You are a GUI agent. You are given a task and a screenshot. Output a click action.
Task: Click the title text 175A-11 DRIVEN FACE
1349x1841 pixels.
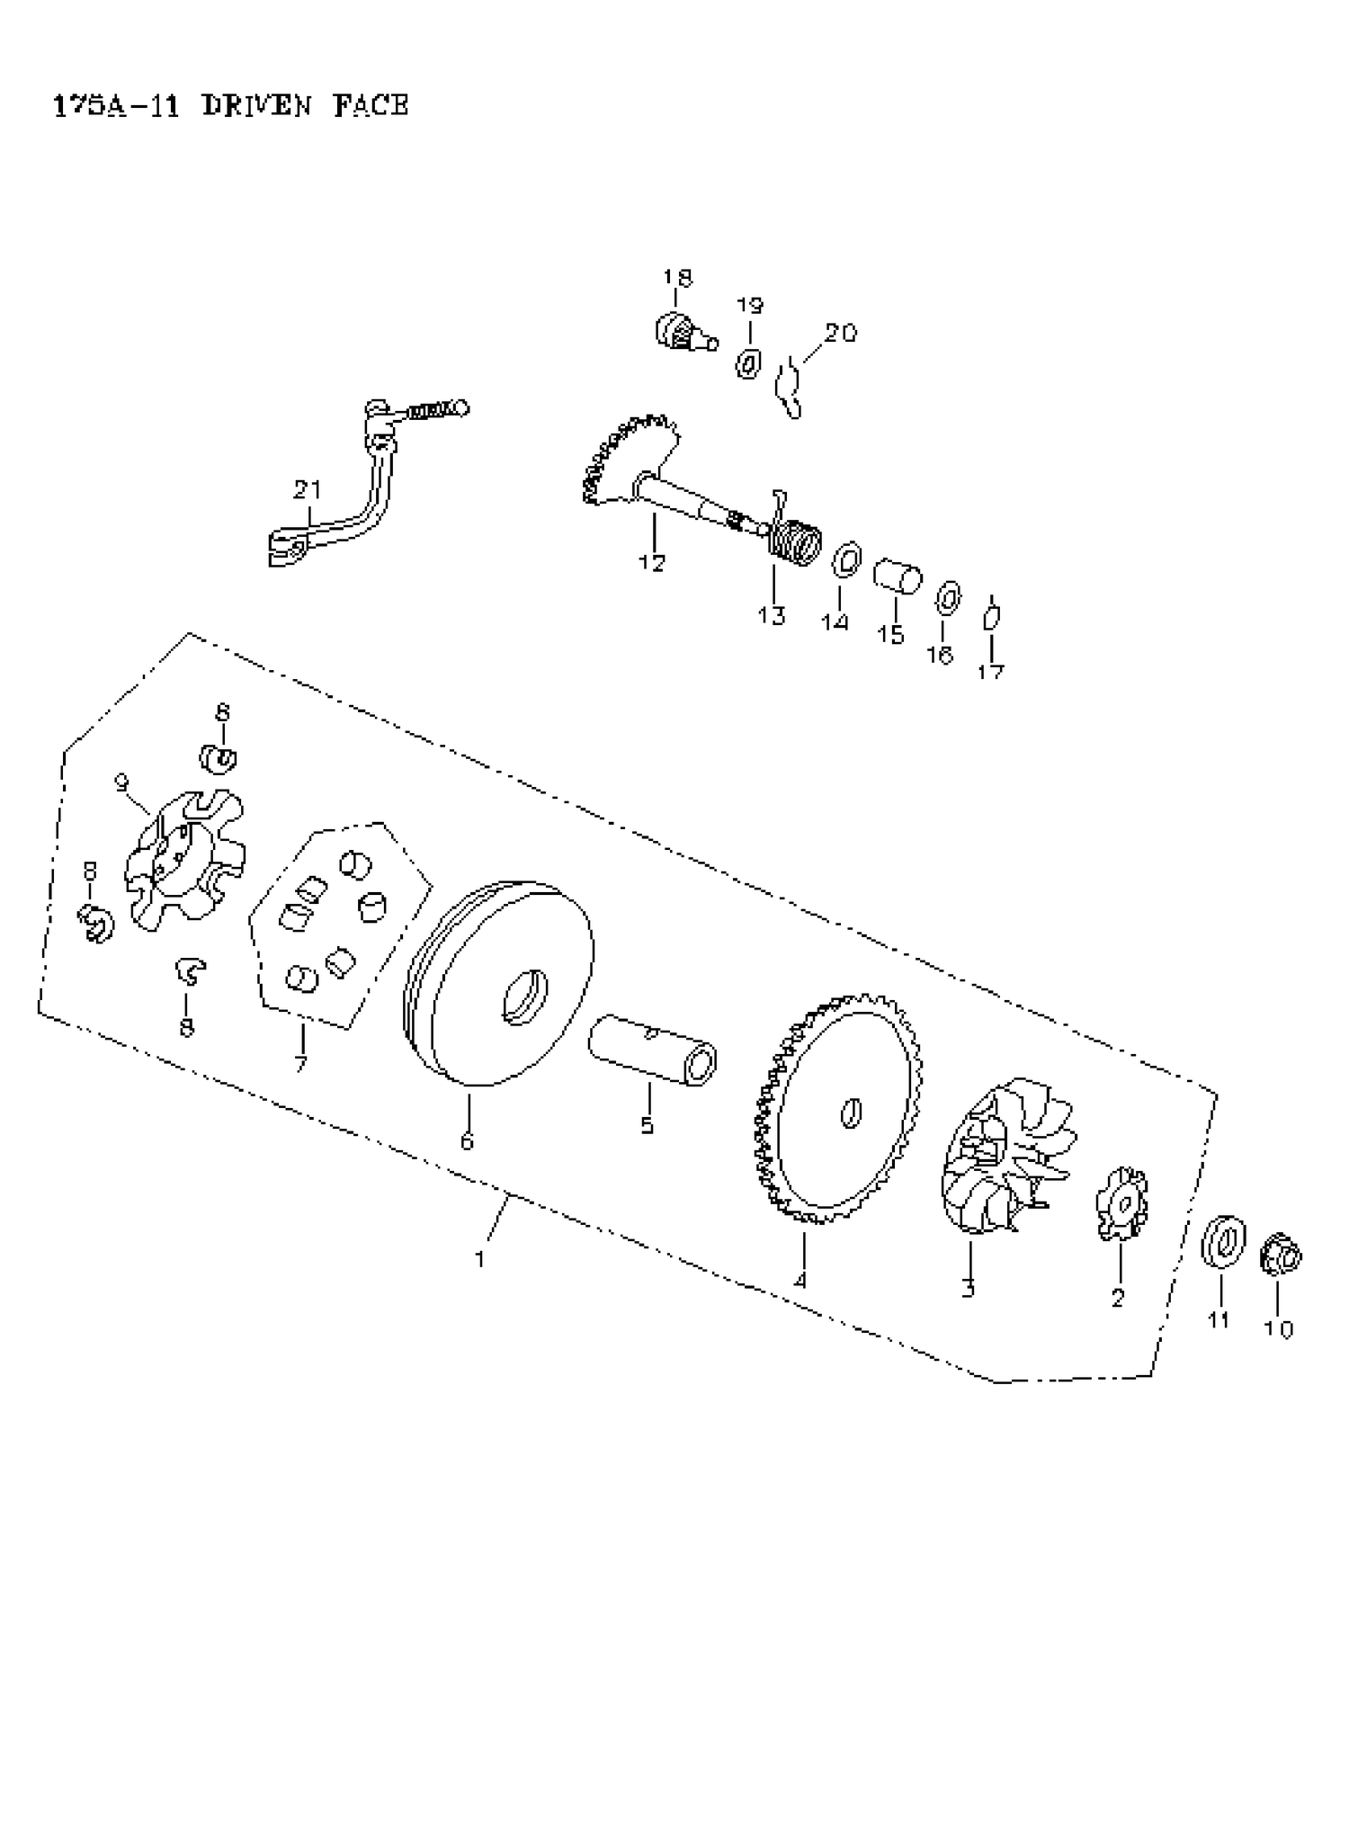click(230, 106)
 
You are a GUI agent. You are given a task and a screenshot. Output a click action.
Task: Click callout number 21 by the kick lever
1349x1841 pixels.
click(307, 490)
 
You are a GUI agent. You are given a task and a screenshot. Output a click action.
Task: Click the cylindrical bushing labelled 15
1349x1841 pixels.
click(898, 575)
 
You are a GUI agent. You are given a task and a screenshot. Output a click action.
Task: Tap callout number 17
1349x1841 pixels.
click(990, 671)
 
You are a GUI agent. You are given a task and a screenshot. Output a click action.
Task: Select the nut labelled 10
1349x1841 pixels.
click(1281, 1255)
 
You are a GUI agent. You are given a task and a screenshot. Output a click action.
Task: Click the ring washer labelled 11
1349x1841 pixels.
click(1224, 1244)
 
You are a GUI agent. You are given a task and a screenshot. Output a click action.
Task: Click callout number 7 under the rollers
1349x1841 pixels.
click(300, 1064)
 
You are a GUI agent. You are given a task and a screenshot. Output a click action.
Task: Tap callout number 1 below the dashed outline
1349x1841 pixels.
click(480, 1259)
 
